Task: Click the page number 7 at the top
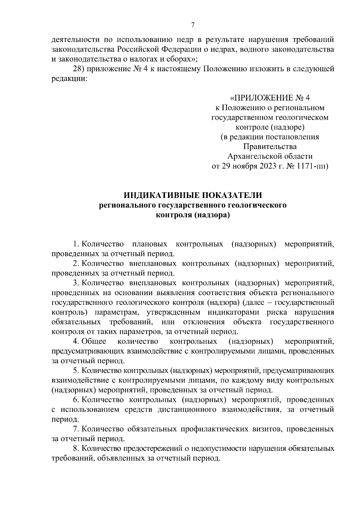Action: pyautogui.click(x=193, y=25)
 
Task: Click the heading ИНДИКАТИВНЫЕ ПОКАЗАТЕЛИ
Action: pyautogui.click(x=193, y=195)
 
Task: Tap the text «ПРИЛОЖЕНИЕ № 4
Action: pyautogui.click(x=270, y=98)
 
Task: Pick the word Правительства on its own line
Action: pyautogui.click(x=270, y=147)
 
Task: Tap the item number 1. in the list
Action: pyautogui.click(x=76, y=244)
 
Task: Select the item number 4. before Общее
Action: pyautogui.click(x=76, y=341)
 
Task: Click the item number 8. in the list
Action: pyautogui.click(x=76, y=448)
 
